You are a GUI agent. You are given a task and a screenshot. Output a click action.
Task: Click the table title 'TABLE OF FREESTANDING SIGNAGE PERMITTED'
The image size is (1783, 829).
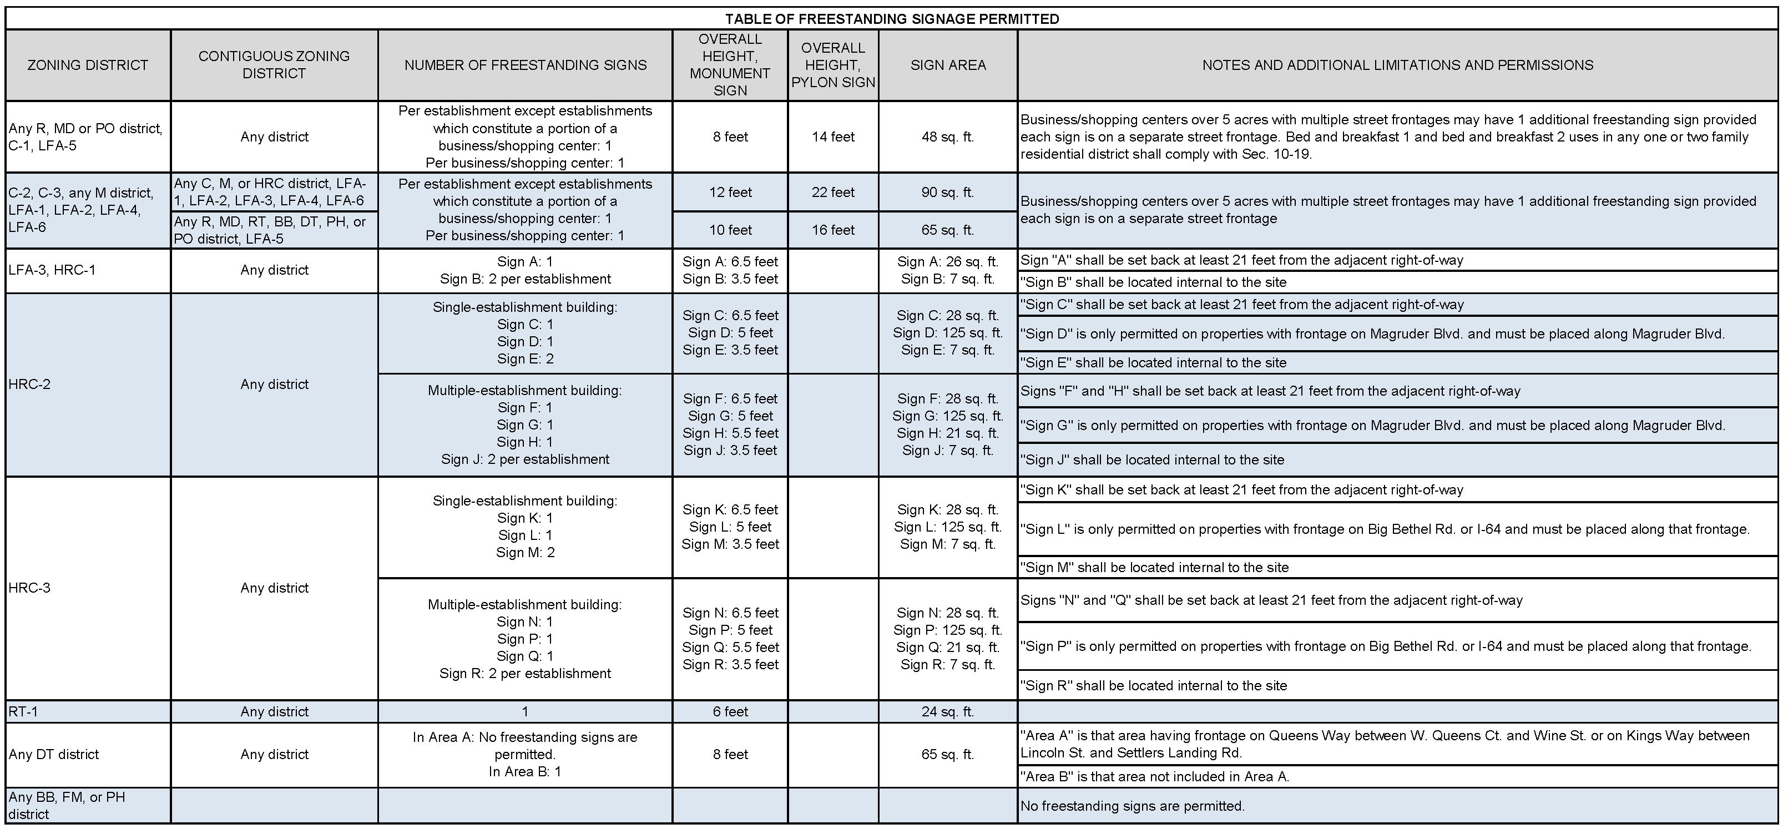click(x=891, y=19)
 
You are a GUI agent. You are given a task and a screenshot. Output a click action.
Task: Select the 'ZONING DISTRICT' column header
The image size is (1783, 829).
click(x=87, y=65)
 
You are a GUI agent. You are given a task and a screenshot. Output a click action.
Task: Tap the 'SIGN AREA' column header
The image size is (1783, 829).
click(x=948, y=65)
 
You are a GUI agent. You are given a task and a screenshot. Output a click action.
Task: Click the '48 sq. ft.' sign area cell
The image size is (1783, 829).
click(x=948, y=137)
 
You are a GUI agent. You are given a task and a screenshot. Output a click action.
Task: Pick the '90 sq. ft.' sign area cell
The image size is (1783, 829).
click(x=948, y=193)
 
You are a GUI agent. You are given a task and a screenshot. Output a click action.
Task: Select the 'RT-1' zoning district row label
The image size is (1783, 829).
click(x=23, y=711)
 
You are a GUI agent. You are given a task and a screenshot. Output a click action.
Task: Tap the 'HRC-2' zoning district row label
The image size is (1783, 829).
click(x=30, y=384)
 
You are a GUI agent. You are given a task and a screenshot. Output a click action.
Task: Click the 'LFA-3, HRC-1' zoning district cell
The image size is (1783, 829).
click(x=52, y=270)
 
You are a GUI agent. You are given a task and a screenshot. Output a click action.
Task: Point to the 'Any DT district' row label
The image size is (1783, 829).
click(x=54, y=754)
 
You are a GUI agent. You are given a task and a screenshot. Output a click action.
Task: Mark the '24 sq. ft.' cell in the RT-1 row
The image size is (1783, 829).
click(x=948, y=711)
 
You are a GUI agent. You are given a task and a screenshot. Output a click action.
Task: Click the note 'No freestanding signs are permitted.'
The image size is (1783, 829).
click(x=1133, y=806)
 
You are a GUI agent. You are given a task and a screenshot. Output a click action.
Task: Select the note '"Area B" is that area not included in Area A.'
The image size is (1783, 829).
click(x=1154, y=776)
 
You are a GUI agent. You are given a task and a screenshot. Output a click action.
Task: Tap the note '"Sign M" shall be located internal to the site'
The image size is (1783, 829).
click(x=1154, y=568)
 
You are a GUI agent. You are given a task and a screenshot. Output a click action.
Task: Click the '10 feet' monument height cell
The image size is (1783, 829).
click(x=730, y=230)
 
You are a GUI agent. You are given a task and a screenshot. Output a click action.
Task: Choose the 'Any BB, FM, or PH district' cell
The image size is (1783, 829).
click(x=67, y=806)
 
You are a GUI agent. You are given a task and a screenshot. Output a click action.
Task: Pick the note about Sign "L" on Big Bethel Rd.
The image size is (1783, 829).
click(x=1385, y=529)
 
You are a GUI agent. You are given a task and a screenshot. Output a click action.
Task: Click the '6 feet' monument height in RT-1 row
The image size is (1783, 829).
click(x=730, y=711)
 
